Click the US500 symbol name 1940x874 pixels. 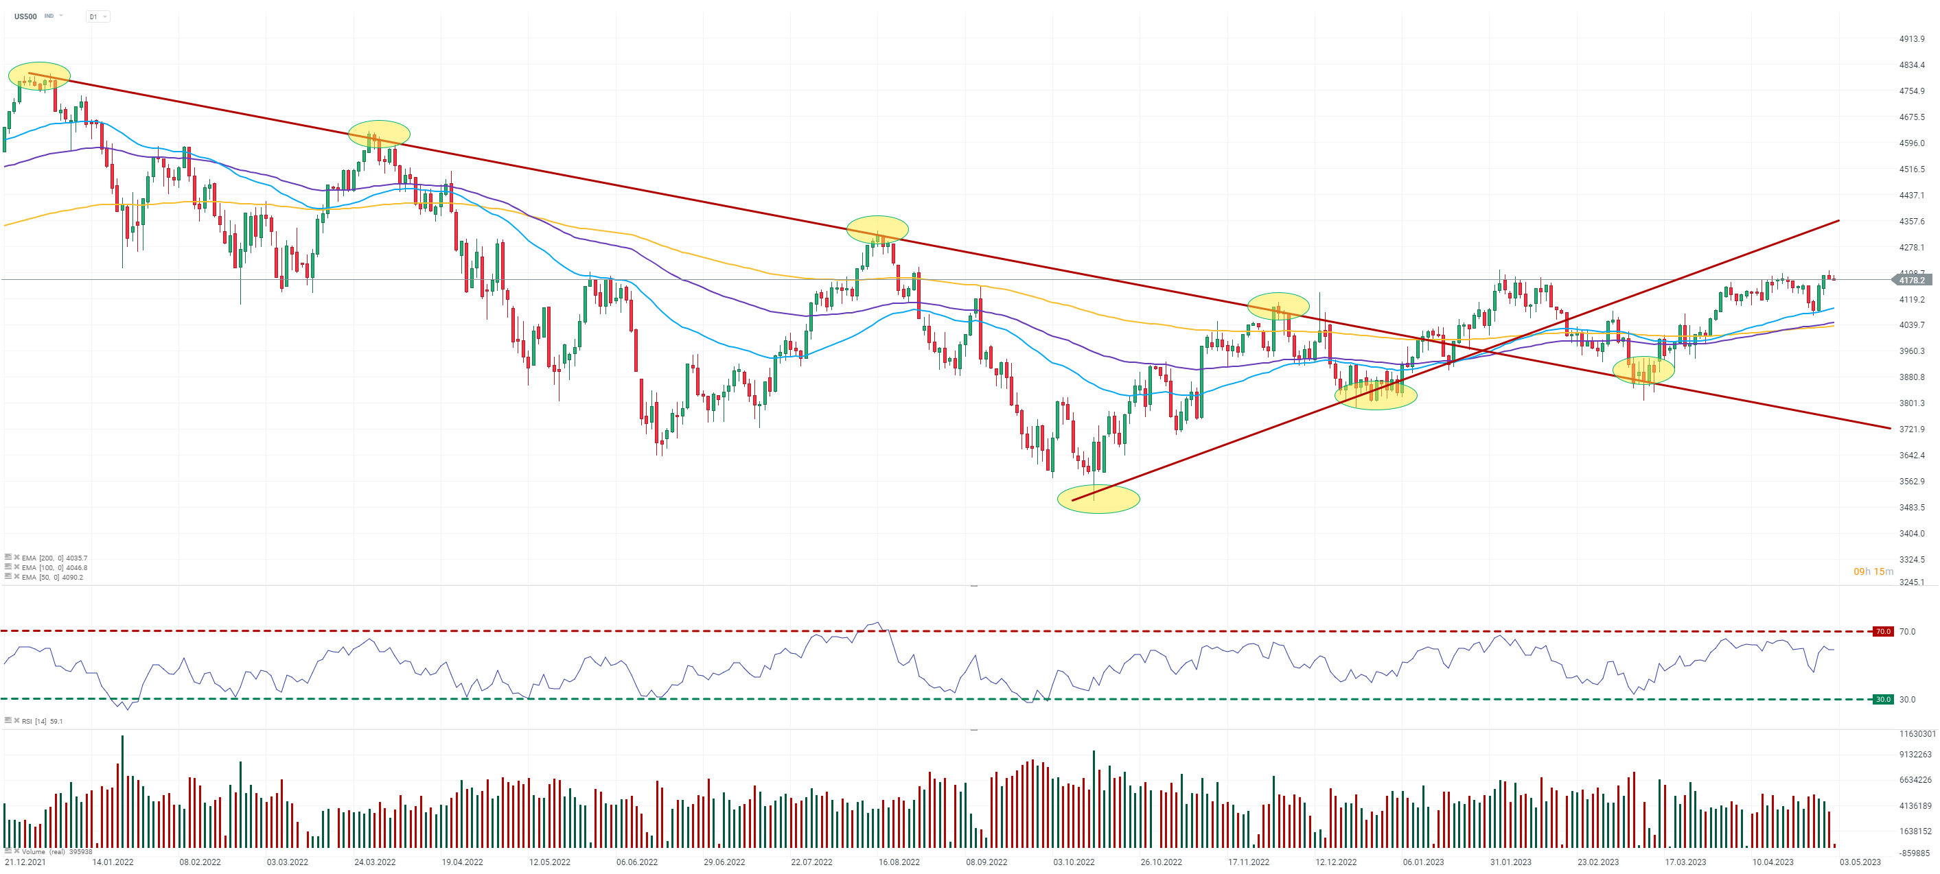coord(25,16)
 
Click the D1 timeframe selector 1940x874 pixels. coord(97,16)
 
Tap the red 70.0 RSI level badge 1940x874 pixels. coord(1883,632)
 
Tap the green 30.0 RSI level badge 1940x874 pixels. coord(1883,699)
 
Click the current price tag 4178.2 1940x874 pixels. coord(1912,280)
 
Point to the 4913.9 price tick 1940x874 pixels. coord(1911,38)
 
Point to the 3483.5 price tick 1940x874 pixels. coord(1911,508)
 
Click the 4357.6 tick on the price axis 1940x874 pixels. coord(1911,222)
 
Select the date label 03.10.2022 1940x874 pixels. coord(1073,862)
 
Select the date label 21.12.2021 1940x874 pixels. coord(25,862)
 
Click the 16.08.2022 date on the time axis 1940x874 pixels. coord(899,862)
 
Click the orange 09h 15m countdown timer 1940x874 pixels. coord(1873,571)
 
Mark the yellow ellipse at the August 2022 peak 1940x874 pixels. coord(877,229)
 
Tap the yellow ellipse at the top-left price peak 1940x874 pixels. coord(39,75)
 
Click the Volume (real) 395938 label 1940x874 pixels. coord(56,852)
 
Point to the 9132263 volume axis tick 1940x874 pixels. coord(1915,755)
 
